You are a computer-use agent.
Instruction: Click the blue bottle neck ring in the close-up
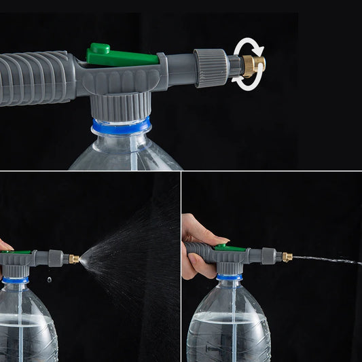122,127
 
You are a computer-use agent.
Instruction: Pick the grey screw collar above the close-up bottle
121,106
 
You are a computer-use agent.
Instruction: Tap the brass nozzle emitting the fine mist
73,259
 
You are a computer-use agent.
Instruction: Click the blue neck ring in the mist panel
15,279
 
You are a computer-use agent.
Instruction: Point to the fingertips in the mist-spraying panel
4,245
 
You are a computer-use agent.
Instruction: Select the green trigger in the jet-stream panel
230,249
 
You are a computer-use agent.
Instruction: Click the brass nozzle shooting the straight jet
287,257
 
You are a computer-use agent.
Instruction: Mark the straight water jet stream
326,259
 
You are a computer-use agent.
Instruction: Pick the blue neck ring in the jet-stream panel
229,276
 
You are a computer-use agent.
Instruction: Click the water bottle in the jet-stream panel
229,323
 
